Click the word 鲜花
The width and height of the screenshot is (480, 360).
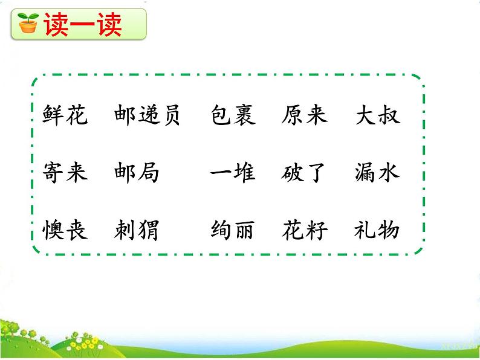pos(65,115)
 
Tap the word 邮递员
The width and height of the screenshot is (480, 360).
pos(147,115)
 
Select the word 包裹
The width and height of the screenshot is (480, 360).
pos(233,115)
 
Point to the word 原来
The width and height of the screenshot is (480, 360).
pos(304,115)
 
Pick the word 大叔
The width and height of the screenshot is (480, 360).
pos(377,115)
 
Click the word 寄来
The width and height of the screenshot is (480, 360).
pos(65,173)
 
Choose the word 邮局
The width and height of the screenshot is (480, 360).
pos(136,173)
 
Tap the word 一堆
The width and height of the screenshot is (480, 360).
pos(233,173)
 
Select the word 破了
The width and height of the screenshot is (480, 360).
pos(304,173)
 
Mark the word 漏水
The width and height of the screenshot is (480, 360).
pos(377,173)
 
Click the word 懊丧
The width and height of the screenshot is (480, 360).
pos(65,230)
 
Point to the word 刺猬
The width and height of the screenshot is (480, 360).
pos(136,230)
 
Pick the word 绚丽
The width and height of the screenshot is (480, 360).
pos(233,230)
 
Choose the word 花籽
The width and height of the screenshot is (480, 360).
pos(304,230)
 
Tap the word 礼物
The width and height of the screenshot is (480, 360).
pos(377,230)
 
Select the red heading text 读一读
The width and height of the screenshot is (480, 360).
pos(82,24)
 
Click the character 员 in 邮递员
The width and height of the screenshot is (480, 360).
pos(170,115)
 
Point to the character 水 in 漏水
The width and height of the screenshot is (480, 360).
pos(389,173)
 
